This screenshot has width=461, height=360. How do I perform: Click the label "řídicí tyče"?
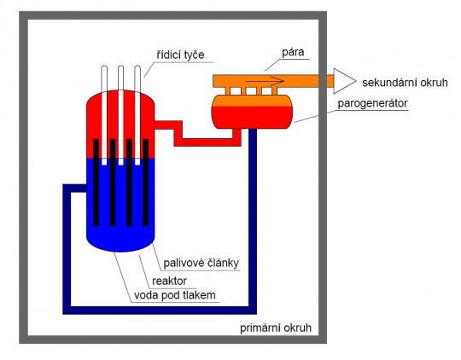[x=180, y=55]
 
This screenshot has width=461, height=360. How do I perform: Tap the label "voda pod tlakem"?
[x=176, y=295]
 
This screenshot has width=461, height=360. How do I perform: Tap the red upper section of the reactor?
[x=120, y=119]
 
